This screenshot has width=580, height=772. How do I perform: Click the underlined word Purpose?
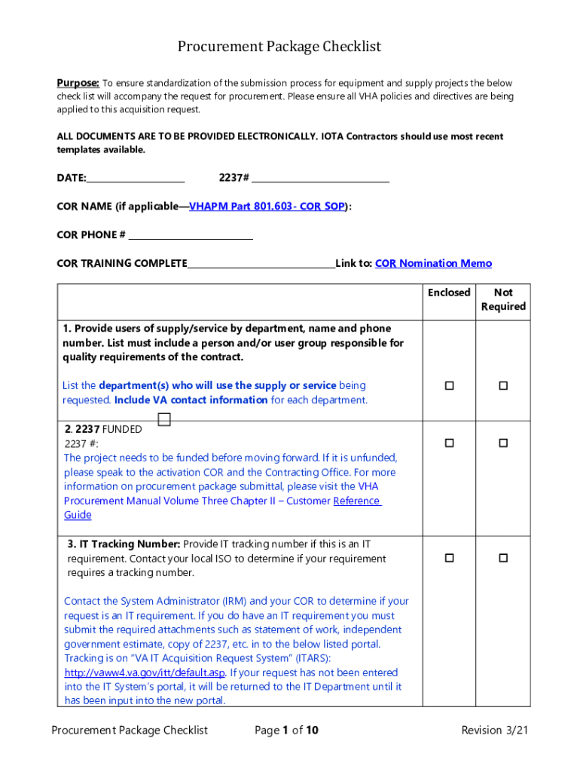click(x=78, y=83)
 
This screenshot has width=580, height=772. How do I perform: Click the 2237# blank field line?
click(x=320, y=178)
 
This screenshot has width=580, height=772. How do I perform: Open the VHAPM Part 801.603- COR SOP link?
click(x=267, y=207)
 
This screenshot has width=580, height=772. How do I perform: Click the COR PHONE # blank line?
click(x=191, y=235)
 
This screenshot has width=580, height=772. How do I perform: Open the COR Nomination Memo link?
click(x=433, y=263)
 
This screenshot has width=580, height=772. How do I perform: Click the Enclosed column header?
click(x=449, y=293)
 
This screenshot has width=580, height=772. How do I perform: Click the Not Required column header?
click(x=503, y=299)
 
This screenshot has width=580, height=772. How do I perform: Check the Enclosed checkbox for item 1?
click(x=449, y=386)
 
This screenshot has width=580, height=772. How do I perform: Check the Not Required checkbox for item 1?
click(x=503, y=386)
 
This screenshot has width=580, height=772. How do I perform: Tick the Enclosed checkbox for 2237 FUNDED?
click(x=449, y=443)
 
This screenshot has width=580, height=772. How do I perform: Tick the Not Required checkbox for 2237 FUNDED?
click(x=503, y=443)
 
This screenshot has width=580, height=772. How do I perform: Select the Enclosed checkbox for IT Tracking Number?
click(x=449, y=559)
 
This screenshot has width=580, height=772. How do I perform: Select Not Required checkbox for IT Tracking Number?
click(x=503, y=559)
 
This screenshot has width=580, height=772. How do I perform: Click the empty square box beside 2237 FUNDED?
click(x=164, y=419)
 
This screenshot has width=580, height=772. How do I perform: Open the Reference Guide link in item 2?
click(x=357, y=501)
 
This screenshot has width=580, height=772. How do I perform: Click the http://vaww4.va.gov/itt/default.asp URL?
click(x=145, y=672)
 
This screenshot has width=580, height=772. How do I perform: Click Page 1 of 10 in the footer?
click(x=286, y=730)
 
